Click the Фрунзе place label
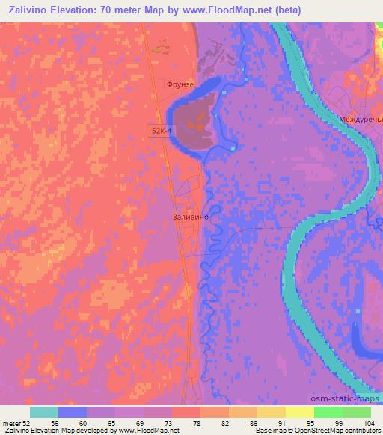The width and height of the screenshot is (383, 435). tap(180, 84)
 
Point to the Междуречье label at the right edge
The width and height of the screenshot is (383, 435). tap(361, 119)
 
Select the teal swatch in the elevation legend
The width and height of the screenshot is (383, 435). tap(44, 412)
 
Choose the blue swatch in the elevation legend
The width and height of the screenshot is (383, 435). tap(73, 412)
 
